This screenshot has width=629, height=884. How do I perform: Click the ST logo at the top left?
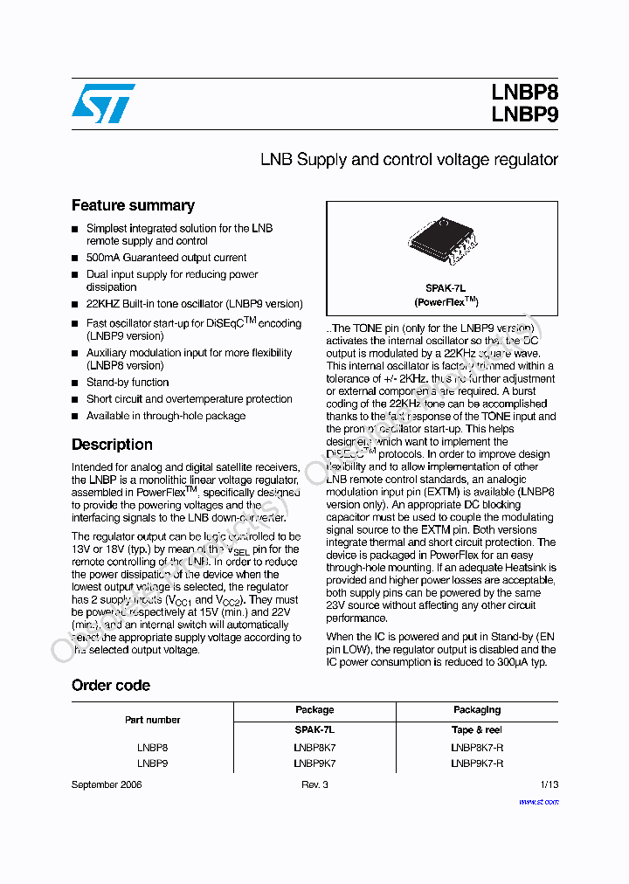pos(103,103)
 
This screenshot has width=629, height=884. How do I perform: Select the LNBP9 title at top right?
pos(524,114)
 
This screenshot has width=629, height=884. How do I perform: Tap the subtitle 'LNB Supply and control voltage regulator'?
pos(409,160)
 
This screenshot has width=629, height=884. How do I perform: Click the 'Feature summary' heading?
pos(133,205)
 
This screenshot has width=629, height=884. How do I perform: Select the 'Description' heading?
pos(112,444)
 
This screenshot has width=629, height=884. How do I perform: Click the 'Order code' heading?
pos(111,685)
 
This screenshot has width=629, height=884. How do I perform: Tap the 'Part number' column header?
pos(152,720)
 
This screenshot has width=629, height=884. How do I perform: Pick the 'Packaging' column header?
pos(477,710)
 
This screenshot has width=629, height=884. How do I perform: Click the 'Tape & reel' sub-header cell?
pos(477,729)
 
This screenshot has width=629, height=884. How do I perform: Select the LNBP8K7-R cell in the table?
pos(477,748)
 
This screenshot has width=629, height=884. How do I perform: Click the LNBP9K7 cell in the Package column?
pos(314,763)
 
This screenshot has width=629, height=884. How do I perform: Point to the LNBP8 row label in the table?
pos(152,748)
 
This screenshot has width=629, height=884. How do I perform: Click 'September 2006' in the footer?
pos(107,784)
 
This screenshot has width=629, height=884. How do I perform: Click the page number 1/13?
pos(549,784)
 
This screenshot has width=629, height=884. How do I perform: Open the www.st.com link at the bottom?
pos(538,801)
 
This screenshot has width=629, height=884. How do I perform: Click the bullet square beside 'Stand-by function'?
pos(75,383)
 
